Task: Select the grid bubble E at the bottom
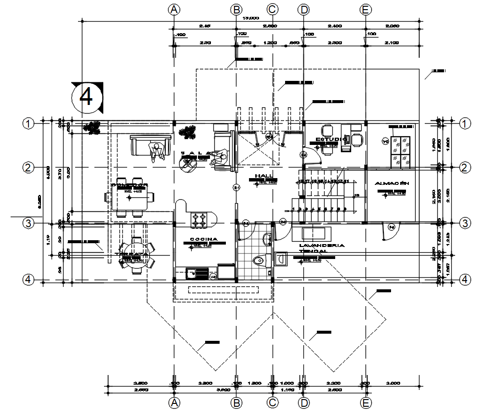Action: tap(366, 402)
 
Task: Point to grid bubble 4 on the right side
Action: tap(465, 279)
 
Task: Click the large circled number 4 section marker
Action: tap(87, 97)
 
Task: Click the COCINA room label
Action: tap(204, 239)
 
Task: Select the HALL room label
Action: tap(265, 176)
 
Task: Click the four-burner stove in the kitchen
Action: tap(200, 220)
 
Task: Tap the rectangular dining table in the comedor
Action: tap(130, 197)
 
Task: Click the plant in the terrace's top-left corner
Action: tap(92, 128)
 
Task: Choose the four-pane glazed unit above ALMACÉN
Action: tap(400, 151)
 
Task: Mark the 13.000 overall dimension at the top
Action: tap(249, 18)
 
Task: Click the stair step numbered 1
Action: tap(293, 209)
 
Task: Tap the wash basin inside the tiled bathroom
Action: tap(267, 237)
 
